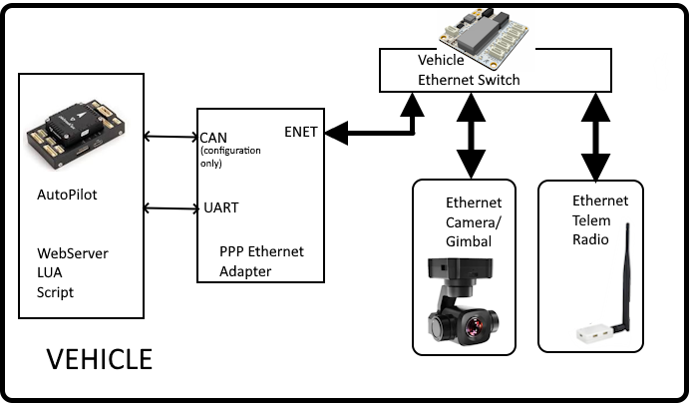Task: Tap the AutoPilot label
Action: pos(66,195)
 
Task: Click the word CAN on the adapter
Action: pos(212,138)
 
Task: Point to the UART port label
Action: pos(220,207)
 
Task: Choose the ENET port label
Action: pos(302,131)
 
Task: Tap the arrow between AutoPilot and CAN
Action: pos(171,137)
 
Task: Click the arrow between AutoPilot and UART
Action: pos(171,207)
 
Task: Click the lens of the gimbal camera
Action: pos(474,325)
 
